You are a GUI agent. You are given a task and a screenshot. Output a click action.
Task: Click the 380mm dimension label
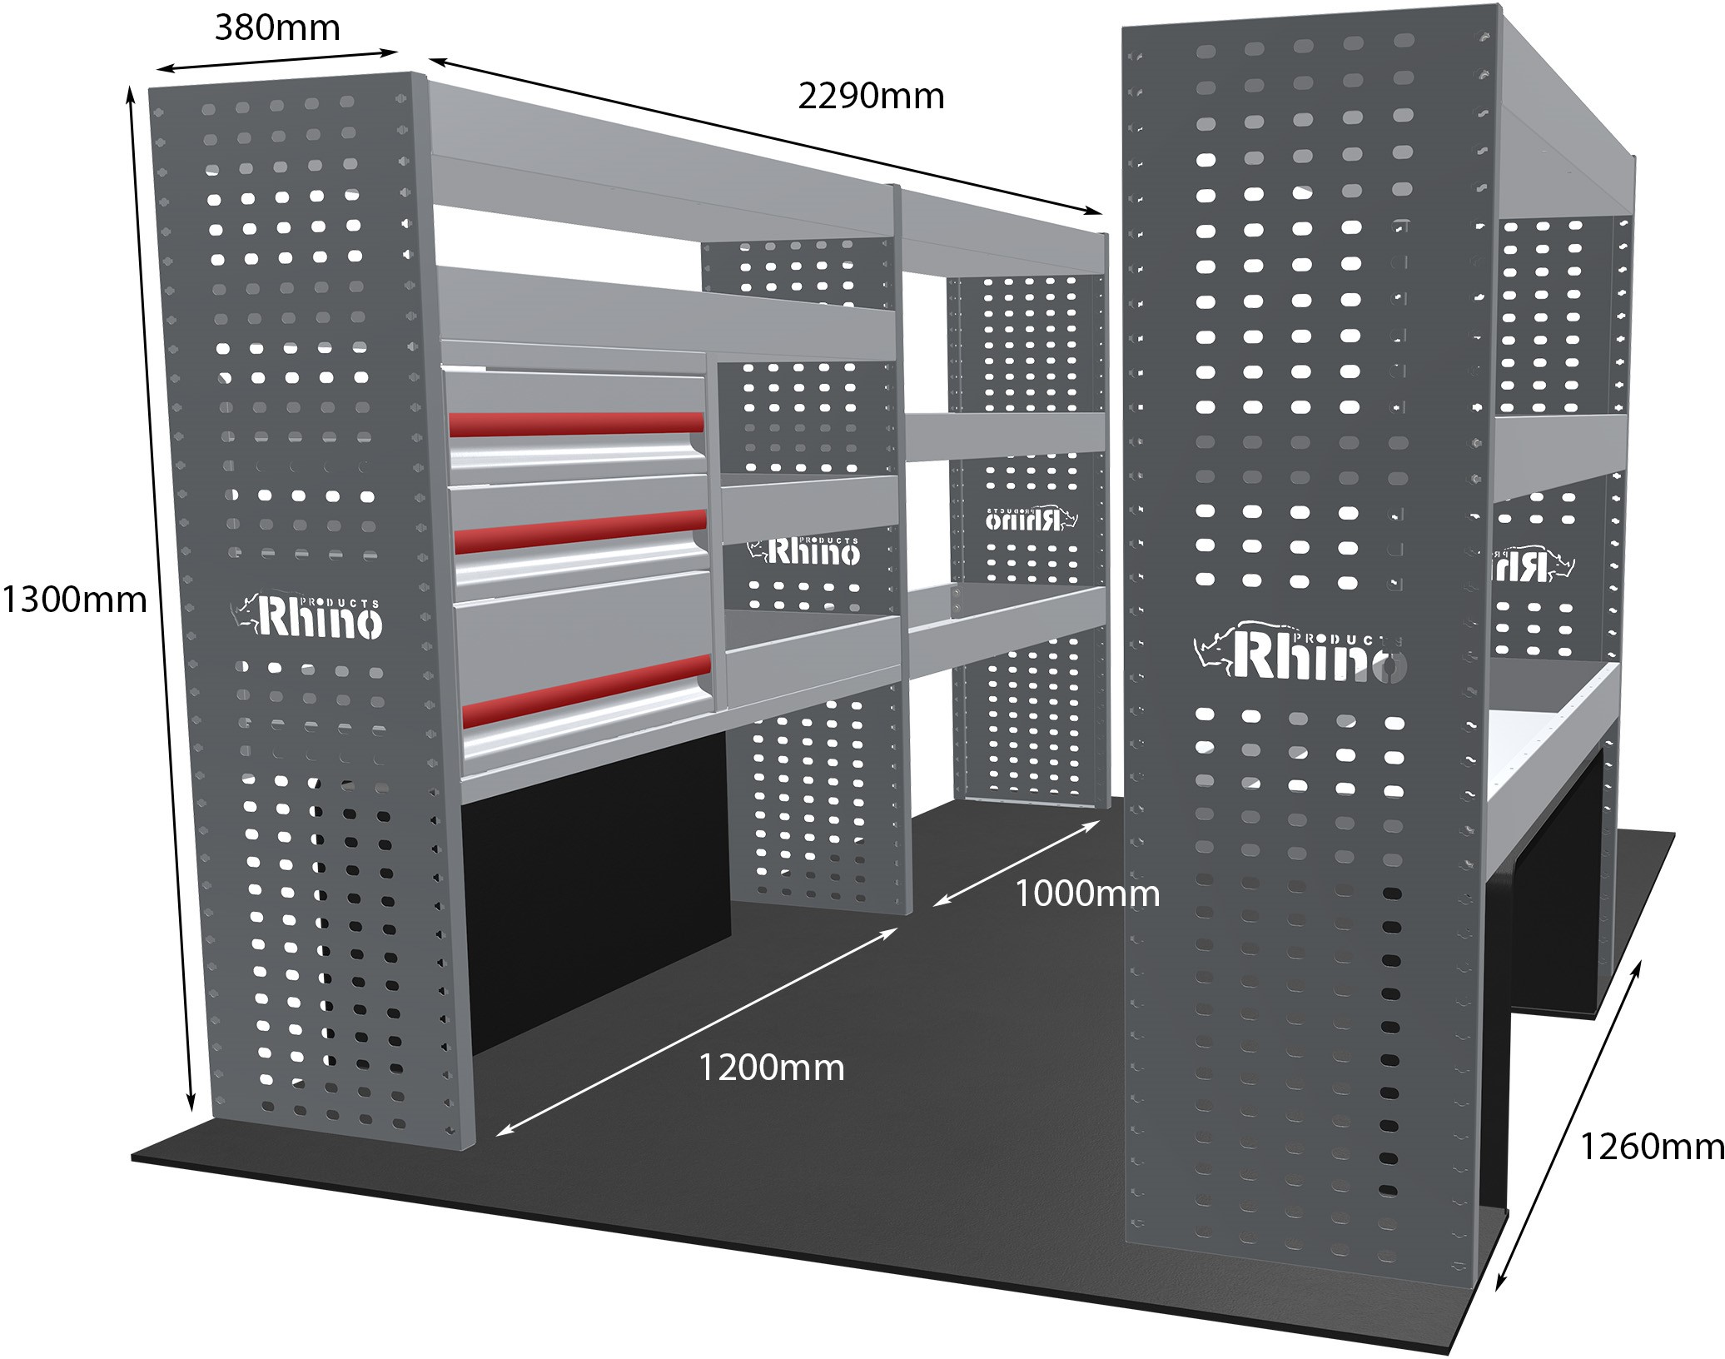pyautogui.click(x=277, y=28)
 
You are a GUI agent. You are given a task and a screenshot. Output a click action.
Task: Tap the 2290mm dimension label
pyautogui.click(x=871, y=97)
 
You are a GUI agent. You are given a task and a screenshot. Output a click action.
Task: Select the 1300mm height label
pyautogui.click(x=74, y=600)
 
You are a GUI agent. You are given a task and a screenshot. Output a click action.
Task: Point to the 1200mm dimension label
pyautogui.click(x=771, y=1068)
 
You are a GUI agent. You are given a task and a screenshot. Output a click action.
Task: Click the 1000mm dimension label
pyautogui.click(x=1086, y=894)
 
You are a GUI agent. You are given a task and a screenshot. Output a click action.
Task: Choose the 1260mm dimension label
pyautogui.click(x=1651, y=1147)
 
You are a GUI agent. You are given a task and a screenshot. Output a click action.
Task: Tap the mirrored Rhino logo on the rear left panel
pyautogui.click(x=1032, y=518)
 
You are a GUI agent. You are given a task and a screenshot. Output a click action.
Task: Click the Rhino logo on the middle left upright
pyautogui.click(x=803, y=550)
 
